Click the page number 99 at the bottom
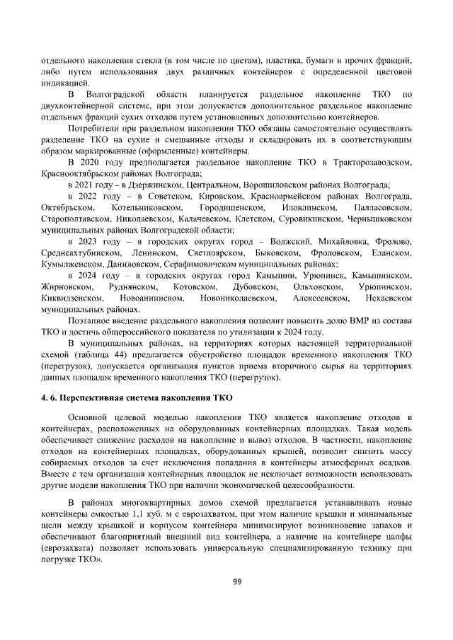pyautogui.click(x=238, y=581)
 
